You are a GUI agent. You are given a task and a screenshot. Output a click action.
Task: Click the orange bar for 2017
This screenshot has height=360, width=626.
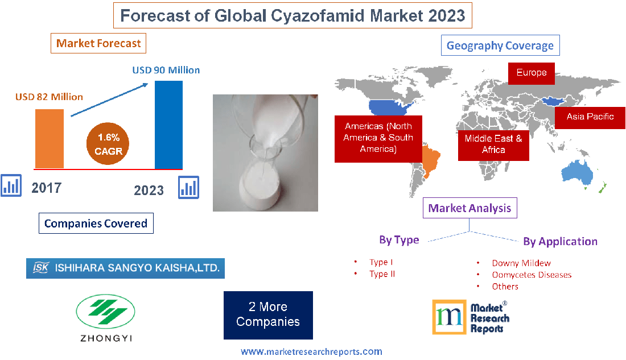[x=50, y=138]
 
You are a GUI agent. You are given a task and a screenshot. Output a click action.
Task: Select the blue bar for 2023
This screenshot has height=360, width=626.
[x=169, y=125]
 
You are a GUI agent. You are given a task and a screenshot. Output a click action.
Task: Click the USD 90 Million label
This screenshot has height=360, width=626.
[x=166, y=70]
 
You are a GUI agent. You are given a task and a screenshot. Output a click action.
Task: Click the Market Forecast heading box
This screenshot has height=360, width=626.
[x=98, y=43]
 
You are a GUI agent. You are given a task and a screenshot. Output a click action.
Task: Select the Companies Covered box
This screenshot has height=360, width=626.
[x=96, y=224]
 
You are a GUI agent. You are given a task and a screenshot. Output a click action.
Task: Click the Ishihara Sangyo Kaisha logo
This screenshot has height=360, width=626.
[x=125, y=267]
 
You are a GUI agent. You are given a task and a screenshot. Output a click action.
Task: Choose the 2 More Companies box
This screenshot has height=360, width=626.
[x=268, y=315]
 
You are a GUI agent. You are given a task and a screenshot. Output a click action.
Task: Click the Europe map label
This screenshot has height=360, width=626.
[x=532, y=73]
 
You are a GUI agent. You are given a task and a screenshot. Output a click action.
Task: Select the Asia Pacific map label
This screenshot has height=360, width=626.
[x=590, y=117]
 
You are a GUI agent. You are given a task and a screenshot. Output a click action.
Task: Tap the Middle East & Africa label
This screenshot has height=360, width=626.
[x=493, y=144]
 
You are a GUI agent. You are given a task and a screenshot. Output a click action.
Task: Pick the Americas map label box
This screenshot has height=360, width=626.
[x=378, y=138]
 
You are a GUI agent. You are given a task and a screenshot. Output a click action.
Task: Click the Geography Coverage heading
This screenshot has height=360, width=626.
[x=500, y=45]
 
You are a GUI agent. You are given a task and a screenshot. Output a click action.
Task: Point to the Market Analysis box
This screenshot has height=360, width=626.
[x=470, y=208]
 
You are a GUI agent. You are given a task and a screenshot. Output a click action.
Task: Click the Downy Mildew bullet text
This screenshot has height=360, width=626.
[x=521, y=263]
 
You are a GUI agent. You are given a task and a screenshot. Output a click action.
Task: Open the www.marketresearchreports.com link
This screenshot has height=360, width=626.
[x=311, y=351]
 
